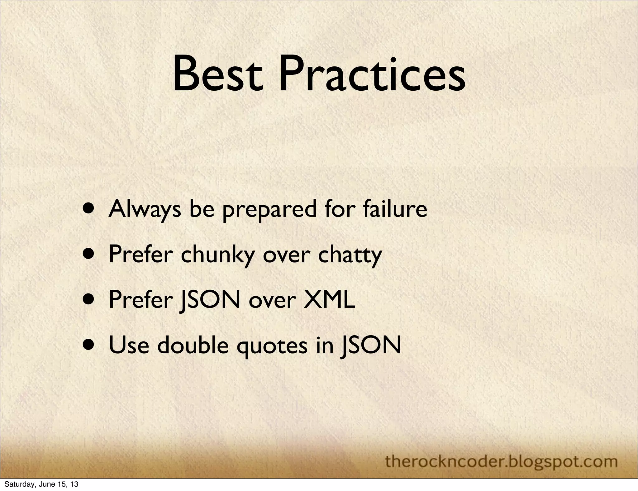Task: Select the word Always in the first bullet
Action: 145,209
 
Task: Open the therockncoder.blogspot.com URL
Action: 501,461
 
